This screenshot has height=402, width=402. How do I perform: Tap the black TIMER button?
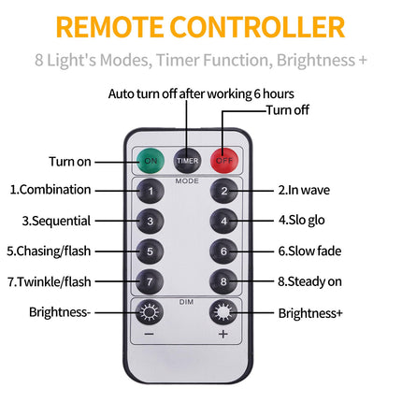tap(187, 161)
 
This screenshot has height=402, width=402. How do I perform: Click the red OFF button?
tap(224, 161)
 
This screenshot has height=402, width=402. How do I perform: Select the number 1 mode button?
tap(151, 191)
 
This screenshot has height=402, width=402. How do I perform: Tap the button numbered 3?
tap(150, 221)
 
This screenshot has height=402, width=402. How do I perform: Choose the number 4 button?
tap(223, 221)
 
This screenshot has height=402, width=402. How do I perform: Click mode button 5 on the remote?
tap(150, 251)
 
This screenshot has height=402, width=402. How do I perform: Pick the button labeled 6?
tap(223, 251)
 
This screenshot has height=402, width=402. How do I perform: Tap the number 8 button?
tap(223, 281)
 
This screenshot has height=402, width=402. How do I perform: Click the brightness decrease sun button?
tap(150, 312)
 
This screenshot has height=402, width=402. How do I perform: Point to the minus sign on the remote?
tap(150, 335)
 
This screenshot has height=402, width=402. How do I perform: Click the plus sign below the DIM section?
tap(223, 334)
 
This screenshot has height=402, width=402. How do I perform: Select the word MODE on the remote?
tap(187, 181)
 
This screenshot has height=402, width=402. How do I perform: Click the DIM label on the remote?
tap(186, 302)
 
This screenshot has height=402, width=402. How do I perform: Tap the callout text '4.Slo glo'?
tap(302, 220)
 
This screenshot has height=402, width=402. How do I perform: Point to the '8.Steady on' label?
tap(309, 281)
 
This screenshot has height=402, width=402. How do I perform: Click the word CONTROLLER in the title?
tap(257, 27)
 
